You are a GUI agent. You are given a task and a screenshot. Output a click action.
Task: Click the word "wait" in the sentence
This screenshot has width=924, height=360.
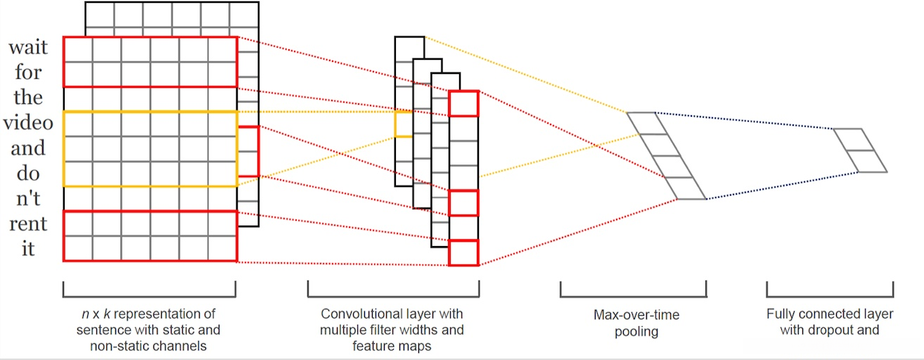pyautogui.click(x=28, y=47)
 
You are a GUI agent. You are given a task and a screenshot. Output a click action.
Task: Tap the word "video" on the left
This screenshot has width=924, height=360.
pyautogui.click(x=28, y=123)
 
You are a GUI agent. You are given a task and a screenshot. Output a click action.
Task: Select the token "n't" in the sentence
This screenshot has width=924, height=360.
pyautogui.click(x=28, y=199)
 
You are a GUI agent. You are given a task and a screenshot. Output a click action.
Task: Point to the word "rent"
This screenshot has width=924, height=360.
pyautogui.click(x=28, y=224)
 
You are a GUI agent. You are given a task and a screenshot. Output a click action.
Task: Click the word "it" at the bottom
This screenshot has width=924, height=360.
pyautogui.click(x=28, y=249)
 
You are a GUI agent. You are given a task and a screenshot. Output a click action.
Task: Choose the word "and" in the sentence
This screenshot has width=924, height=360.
pyautogui.click(x=28, y=148)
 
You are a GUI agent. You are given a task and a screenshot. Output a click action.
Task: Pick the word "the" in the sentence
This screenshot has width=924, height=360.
pyautogui.click(x=28, y=97)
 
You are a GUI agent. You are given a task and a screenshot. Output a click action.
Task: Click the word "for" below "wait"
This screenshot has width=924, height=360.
pyautogui.click(x=28, y=72)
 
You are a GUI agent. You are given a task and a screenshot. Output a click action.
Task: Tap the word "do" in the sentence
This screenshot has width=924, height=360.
pyautogui.click(x=28, y=173)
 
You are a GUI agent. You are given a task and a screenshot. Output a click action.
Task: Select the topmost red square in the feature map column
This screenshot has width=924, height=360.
pyautogui.click(x=463, y=103)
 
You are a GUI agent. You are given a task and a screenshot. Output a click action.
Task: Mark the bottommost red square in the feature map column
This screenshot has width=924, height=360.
pyautogui.click(x=463, y=253)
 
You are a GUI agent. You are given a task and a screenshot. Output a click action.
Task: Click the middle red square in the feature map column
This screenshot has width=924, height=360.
pyautogui.click(x=463, y=203)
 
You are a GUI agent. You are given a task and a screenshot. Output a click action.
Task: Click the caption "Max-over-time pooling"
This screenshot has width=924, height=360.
pyautogui.click(x=636, y=323)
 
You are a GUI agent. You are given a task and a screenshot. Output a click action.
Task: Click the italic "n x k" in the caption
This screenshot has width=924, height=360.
pyautogui.click(x=96, y=314)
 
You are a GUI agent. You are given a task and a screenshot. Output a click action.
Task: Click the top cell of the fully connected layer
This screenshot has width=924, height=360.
pyautogui.click(x=854, y=140)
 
